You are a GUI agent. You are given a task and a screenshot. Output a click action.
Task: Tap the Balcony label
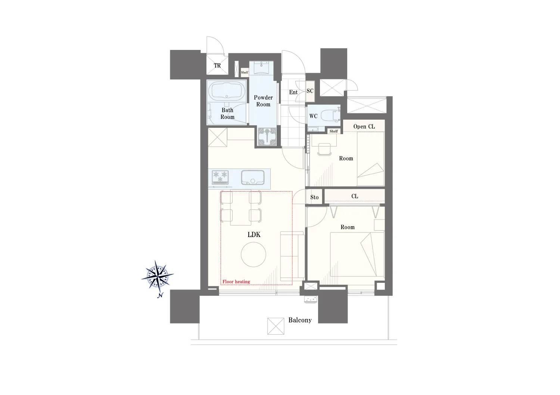click(x=300, y=320)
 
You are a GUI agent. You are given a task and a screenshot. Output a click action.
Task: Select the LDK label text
click(x=254, y=234)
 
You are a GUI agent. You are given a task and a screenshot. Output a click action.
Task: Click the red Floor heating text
click(x=236, y=282)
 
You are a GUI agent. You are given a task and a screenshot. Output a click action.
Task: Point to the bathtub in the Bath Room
click(x=227, y=91)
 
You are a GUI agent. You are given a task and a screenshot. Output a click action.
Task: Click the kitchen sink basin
click(x=252, y=177)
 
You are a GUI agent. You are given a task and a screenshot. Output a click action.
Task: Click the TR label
click(x=217, y=66)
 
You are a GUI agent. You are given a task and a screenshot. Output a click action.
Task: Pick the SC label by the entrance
click(x=310, y=91)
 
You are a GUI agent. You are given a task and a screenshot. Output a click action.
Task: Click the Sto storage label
click(x=314, y=197)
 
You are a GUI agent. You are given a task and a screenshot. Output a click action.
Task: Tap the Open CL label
click(x=364, y=126)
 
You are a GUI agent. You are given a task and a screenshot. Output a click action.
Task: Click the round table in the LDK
click(x=253, y=255)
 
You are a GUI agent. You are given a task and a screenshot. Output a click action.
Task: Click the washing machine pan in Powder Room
click(x=267, y=136)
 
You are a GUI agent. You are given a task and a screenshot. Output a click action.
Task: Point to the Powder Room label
click(x=263, y=101)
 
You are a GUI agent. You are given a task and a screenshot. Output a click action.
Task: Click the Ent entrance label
click(x=293, y=92)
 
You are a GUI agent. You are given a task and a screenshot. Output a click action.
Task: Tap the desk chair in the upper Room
click(x=324, y=149)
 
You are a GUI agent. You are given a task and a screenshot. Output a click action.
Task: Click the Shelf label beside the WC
click(x=333, y=131)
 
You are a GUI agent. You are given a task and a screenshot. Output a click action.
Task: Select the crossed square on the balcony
click(x=276, y=326)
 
